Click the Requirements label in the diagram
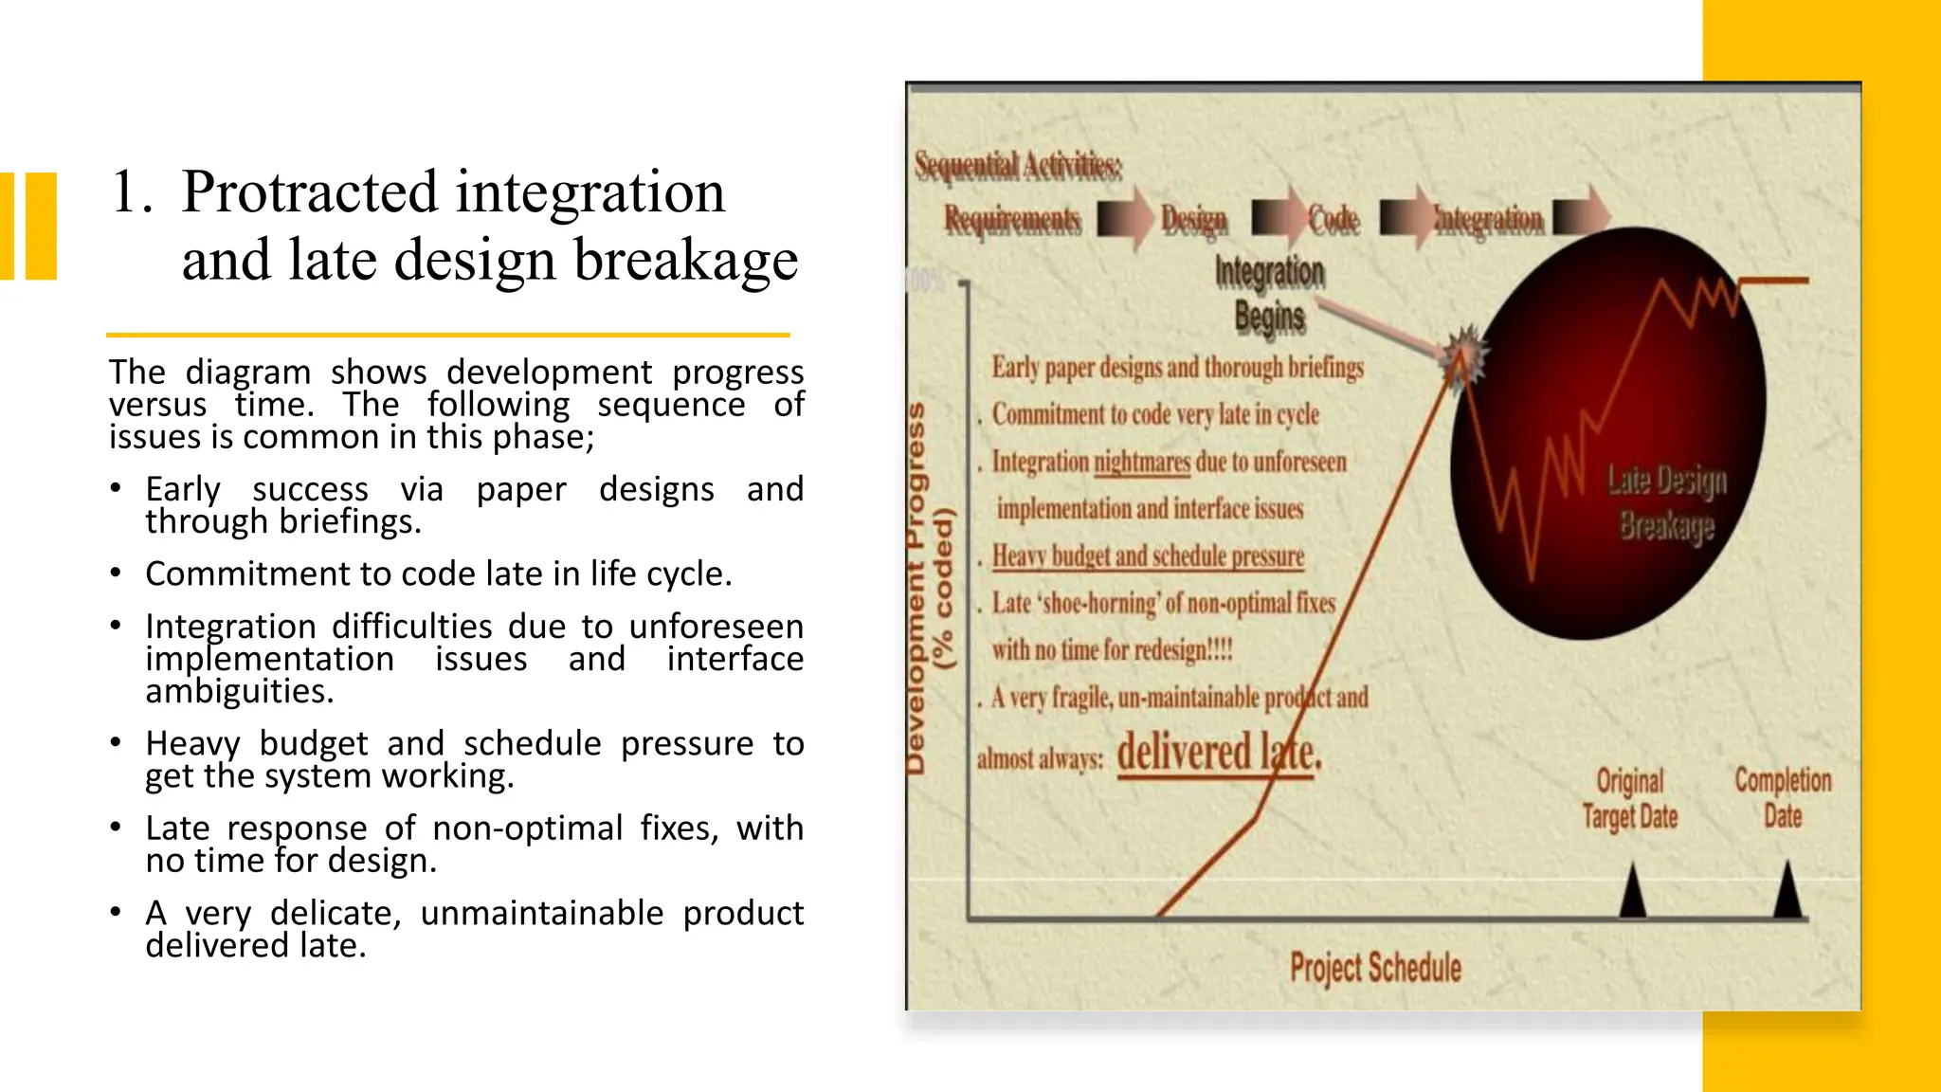pyautogui.click(x=1012, y=220)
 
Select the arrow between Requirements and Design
pyautogui.click(x=1125, y=219)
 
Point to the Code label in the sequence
pyautogui.click(x=1334, y=220)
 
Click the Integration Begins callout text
pyautogui.click(x=1269, y=294)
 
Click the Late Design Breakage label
pyautogui.click(x=1666, y=502)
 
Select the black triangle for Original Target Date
pyautogui.click(x=1632, y=890)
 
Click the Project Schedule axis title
pyautogui.click(x=1375, y=968)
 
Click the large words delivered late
pyautogui.click(x=1218, y=754)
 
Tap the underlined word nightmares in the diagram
pyautogui.click(x=1142, y=463)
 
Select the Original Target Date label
pyautogui.click(x=1630, y=798)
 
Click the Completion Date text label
pyautogui.click(x=1783, y=797)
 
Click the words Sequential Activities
pyautogui.click(x=1018, y=166)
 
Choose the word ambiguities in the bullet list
pyautogui.click(x=239, y=691)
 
